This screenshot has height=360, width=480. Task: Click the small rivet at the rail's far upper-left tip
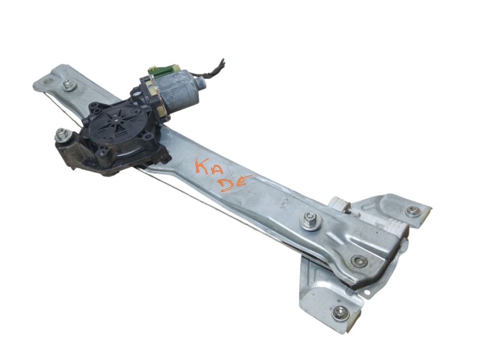pyautogui.click(x=47, y=81)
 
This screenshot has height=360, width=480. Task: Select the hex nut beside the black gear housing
pyautogui.click(x=62, y=135)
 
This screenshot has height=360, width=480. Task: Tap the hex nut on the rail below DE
pyautogui.click(x=311, y=221)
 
